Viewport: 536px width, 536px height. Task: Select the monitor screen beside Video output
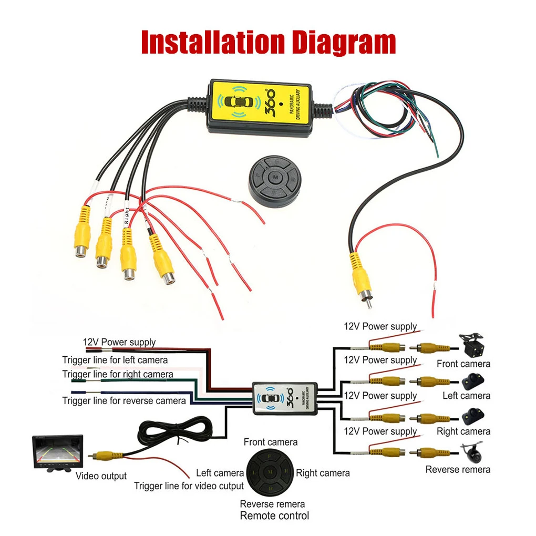pyautogui.click(x=57, y=451)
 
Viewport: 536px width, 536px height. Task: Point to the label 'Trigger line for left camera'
pyautogui.click(x=115, y=360)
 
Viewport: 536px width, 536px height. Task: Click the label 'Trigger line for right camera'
pyautogui.click(x=118, y=374)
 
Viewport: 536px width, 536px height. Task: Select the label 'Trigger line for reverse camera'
pyautogui.click(x=124, y=401)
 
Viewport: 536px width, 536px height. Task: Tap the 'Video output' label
pyautogui.click(x=101, y=476)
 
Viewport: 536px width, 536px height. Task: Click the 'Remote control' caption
pyautogui.click(x=274, y=516)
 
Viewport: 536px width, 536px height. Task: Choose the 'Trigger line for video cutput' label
pyautogui.click(x=189, y=486)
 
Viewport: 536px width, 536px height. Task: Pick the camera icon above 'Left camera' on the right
pyautogui.click(x=473, y=380)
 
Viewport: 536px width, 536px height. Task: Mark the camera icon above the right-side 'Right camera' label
pyautogui.click(x=471, y=416)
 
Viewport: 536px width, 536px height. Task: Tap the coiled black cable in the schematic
pyautogui.click(x=173, y=431)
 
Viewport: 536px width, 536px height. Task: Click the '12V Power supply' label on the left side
pyautogui.click(x=119, y=342)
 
